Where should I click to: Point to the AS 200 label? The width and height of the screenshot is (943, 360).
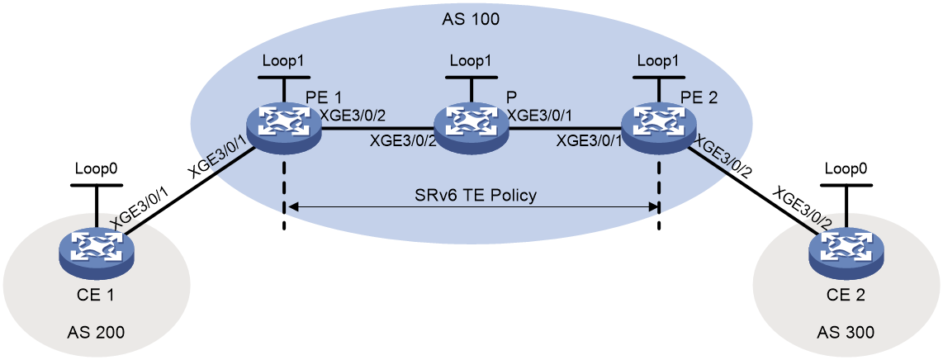pyautogui.click(x=97, y=332)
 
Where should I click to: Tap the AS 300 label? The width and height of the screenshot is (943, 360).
pyautogui.click(x=846, y=332)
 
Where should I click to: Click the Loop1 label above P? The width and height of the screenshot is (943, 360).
pyautogui.click(x=471, y=61)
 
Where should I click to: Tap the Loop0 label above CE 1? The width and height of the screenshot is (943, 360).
pyautogui.click(x=94, y=169)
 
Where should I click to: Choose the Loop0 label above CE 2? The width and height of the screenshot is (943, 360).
pyautogui.click(x=846, y=170)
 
